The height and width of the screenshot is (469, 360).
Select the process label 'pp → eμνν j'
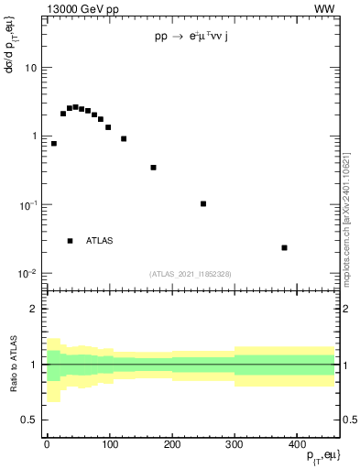(x=197, y=38)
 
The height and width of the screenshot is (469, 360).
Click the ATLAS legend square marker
(x=71, y=241)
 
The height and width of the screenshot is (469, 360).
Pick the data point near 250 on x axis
(x=203, y=203)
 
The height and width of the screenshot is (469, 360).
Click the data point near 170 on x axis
(x=153, y=168)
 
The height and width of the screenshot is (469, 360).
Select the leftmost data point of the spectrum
(x=54, y=144)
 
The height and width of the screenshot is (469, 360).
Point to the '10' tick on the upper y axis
(x=30, y=68)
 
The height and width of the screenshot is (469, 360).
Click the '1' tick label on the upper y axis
(x=33, y=136)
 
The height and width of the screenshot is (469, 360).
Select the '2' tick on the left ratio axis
(x=34, y=309)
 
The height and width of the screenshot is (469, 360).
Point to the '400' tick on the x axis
(x=296, y=444)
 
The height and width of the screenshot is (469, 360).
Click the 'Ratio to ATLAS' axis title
(x=12, y=364)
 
